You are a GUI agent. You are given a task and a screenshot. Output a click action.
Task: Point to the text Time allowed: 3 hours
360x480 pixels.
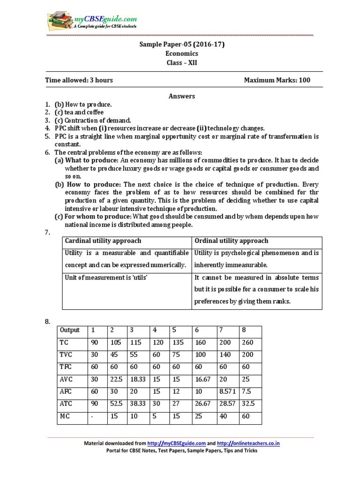pyautogui.click(x=79, y=80)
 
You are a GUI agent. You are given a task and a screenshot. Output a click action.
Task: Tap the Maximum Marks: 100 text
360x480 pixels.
pyautogui.click(x=277, y=80)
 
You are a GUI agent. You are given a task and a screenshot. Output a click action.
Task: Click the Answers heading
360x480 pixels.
pyautogui.click(x=181, y=96)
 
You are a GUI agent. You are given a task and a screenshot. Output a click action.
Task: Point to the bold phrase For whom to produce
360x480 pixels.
pyautogui.click(x=93, y=217)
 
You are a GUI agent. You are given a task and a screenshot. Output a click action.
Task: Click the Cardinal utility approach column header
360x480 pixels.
pyautogui.click(x=103, y=241)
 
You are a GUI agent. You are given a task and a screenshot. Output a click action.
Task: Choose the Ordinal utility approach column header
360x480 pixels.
pyautogui.click(x=231, y=241)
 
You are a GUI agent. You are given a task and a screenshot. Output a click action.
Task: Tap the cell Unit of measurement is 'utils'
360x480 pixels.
pyautogui.click(x=106, y=277)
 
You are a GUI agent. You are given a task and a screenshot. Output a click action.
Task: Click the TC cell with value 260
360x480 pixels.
pyautogui.click(x=247, y=342)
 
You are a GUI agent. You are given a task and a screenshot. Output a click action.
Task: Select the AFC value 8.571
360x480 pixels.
pyautogui.click(x=226, y=391)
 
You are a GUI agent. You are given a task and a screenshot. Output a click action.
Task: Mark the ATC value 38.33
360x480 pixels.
pyautogui.click(x=137, y=403)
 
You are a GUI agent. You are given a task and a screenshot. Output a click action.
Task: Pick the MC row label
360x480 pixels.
pyautogui.click(x=64, y=415)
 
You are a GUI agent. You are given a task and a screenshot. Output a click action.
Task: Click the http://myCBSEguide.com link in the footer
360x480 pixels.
pyautogui.click(x=177, y=443)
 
